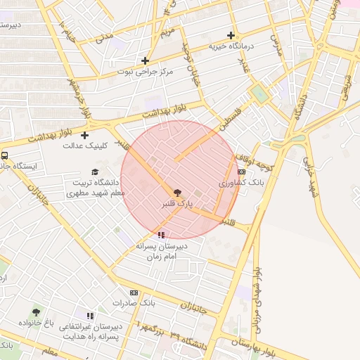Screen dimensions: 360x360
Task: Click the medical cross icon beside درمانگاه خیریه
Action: click(x=231, y=35)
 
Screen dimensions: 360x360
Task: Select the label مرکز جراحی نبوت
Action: click(x=145, y=72)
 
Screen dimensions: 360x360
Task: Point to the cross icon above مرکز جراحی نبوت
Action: click(x=145, y=60)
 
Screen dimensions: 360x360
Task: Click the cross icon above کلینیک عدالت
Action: click(x=85, y=135)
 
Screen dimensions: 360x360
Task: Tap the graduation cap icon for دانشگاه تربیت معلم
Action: click(x=95, y=172)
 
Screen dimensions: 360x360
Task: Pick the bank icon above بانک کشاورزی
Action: click(x=241, y=172)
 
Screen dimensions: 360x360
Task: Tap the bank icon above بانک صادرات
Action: click(x=134, y=292)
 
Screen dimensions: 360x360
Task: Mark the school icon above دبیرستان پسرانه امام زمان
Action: click(x=162, y=235)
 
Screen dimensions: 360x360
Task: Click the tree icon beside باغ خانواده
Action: click(x=36, y=312)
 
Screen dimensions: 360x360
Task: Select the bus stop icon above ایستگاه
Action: click(x=5, y=155)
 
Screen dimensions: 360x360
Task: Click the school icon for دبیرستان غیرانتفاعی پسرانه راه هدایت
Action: click(x=90, y=316)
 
